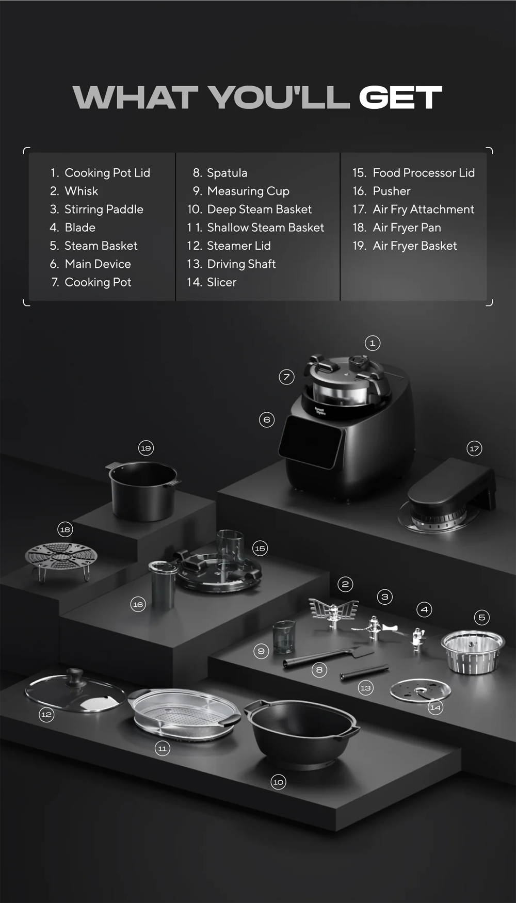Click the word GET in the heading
(x=400, y=98)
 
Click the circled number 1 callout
(x=373, y=343)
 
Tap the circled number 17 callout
(x=474, y=448)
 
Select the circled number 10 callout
(x=278, y=782)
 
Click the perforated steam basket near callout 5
(x=473, y=651)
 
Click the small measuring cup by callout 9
(x=284, y=637)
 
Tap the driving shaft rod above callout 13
(x=364, y=672)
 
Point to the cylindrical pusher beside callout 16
(x=163, y=585)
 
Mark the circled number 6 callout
(x=267, y=420)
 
